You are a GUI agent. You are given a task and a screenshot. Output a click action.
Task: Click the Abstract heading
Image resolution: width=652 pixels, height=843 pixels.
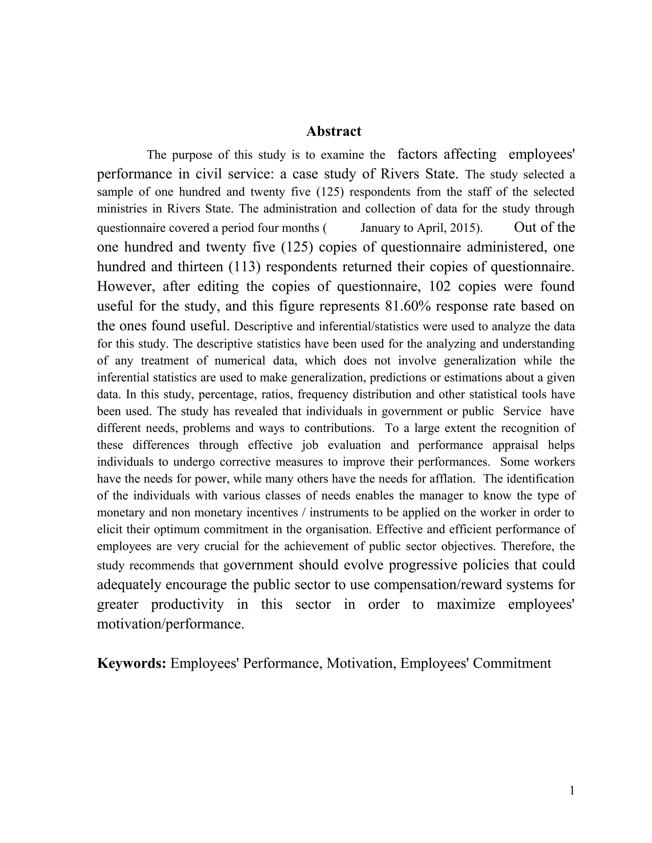point(333,131)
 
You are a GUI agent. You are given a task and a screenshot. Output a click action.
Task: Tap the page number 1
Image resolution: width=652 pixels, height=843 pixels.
point(572,791)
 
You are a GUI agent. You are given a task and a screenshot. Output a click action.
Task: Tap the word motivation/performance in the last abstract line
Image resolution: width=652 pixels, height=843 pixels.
point(170,624)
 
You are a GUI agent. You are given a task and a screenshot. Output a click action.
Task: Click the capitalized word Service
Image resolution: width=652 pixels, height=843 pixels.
point(522,411)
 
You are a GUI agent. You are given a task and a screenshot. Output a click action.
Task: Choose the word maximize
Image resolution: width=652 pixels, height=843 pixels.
point(465,604)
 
